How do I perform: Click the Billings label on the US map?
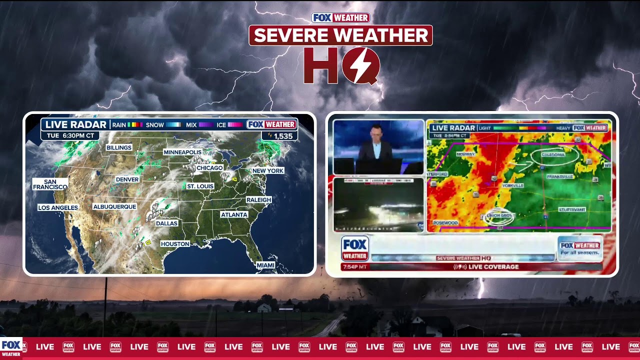click(x=118, y=147)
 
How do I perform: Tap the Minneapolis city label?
click(x=182, y=152)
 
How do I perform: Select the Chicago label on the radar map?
click(x=209, y=168)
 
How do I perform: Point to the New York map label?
click(x=267, y=170)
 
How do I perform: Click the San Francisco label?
click(x=49, y=184)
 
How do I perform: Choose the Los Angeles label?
click(x=58, y=207)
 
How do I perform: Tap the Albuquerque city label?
click(x=114, y=206)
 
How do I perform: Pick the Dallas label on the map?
click(x=166, y=223)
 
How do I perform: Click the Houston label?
click(x=175, y=244)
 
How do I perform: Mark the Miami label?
click(x=265, y=265)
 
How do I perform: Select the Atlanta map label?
click(x=234, y=214)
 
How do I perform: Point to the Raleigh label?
click(x=258, y=199)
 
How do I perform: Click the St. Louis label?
click(x=200, y=186)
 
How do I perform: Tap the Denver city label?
click(x=127, y=179)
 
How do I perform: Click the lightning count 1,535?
click(x=282, y=136)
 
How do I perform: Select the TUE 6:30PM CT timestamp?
click(x=70, y=135)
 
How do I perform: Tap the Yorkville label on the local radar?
click(x=512, y=185)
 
